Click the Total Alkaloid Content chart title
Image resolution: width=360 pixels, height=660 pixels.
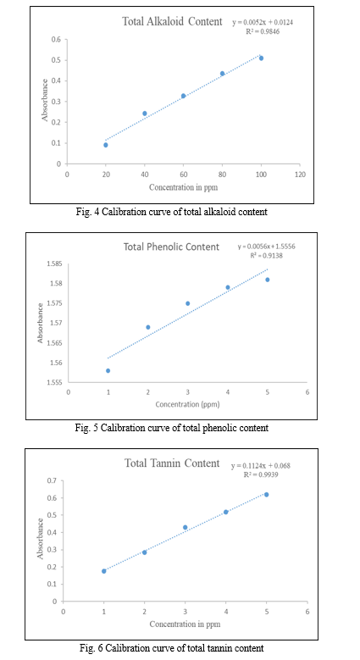tap(172, 21)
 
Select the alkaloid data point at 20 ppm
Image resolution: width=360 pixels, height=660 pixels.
tap(106, 145)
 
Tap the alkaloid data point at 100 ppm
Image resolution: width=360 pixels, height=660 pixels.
tap(261, 58)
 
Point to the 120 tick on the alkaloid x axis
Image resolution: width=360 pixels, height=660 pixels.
tap(300, 174)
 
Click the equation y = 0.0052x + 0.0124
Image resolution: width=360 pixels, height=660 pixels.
tap(263, 23)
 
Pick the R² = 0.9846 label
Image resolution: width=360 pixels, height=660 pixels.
tap(263, 31)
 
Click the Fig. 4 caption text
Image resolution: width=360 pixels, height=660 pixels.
tap(171, 212)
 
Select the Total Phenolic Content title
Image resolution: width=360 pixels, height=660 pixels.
tap(171, 247)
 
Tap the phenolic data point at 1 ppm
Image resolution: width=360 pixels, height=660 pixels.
tap(108, 370)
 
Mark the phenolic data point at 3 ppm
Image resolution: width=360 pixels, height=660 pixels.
tap(188, 303)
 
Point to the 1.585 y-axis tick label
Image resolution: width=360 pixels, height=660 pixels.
tap(56, 264)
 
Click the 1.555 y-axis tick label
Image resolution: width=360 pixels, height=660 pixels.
tap(56, 382)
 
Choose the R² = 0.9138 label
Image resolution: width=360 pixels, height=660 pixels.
tap(266, 255)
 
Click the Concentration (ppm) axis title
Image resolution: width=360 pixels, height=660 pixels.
tap(187, 404)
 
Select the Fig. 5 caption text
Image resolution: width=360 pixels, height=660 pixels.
tap(171, 428)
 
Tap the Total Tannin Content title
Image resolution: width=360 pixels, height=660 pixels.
tap(172, 463)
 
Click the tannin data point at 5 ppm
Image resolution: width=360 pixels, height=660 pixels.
tap(266, 495)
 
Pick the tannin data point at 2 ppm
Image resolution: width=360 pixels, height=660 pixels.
tap(144, 552)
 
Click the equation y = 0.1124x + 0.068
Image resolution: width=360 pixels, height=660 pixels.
tap(261, 466)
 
